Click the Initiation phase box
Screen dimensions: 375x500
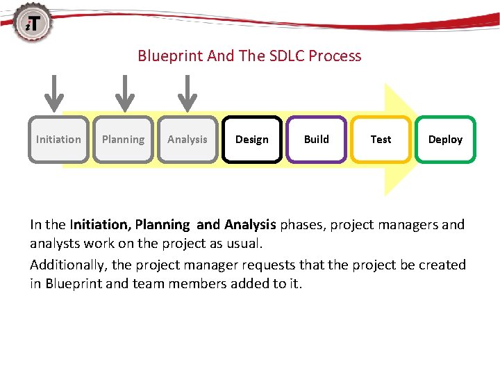pyautogui.click(x=58, y=139)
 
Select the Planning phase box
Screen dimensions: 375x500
pyautogui.click(x=123, y=139)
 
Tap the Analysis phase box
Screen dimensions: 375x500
pyautogui.click(x=187, y=139)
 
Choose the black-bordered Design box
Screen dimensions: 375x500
pyautogui.click(x=252, y=139)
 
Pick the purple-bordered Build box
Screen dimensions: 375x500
pyautogui.click(x=317, y=139)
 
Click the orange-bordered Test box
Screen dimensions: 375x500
pyautogui.click(x=381, y=139)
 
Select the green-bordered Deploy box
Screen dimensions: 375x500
pyautogui.click(x=445, y=139)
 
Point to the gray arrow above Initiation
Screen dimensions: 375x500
pyautogui.click(x=58, y=92)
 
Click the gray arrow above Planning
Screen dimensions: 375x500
pyautogui.click(x=124, y=92)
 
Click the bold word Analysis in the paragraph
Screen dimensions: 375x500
pyautogui.click(x=250, y=225)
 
